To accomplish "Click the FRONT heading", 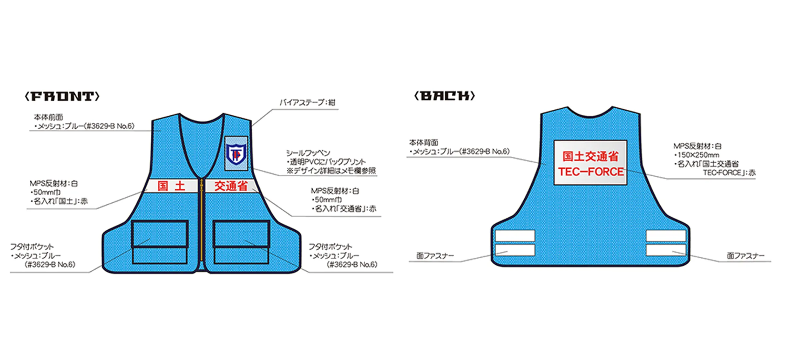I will point(62,97).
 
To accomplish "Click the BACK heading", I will point(445,96).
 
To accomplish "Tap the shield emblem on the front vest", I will point(236,153).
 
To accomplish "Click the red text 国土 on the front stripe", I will point(171,186).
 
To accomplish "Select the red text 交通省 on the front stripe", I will point(231,186).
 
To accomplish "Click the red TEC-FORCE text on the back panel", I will point(591,172).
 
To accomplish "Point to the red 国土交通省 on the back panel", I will point(591,156).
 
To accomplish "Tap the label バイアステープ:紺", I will point(307,103).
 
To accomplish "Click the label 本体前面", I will point(48,117).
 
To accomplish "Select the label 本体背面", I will point(423,143).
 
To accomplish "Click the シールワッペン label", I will point(308,153).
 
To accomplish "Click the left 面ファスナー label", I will point(435,256).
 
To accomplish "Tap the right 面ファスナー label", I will point(746,256).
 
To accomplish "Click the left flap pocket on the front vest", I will point(160,242).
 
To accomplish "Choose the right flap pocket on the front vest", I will point(241,242).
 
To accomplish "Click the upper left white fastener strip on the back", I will point(515,236).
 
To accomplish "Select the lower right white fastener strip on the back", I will point(666,250).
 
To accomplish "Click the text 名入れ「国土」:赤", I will point(61,201).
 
